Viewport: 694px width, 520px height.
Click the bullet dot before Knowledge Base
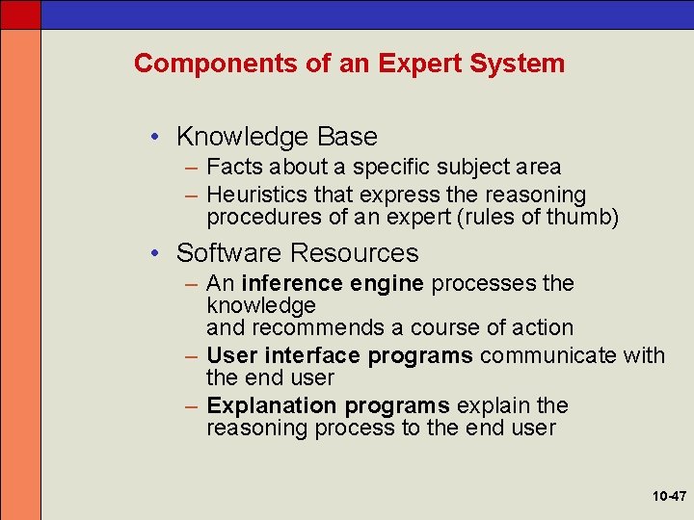(157, 137)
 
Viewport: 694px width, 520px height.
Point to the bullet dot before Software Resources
(157, 253)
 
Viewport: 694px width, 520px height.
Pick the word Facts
(232, 168)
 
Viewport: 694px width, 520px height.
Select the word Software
(229, 253)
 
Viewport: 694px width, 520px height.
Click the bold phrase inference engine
(333, 284)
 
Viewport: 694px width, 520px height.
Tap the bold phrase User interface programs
(339, 355)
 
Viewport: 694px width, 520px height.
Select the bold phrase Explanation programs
(328, 405)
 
